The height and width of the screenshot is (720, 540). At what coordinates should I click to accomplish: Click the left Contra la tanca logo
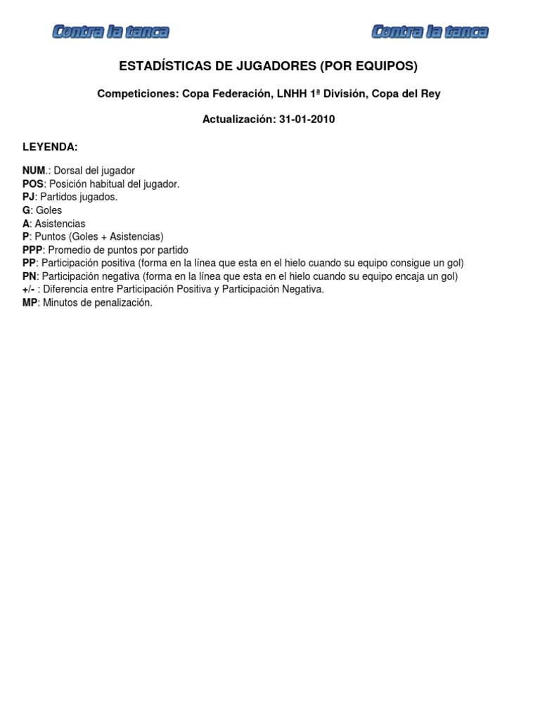click(x=110, y=32)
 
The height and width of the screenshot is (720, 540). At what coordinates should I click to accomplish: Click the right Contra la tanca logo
click(x=430, y=32)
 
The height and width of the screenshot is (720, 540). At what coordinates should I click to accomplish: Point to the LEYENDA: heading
click(x=50, y=146)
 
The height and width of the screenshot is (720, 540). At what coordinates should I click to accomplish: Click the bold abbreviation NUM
click(x=34, y=171)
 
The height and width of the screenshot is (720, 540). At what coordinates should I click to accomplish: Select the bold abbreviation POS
click(x=33, y=184)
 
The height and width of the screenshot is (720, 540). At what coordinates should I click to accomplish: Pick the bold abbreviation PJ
click(x=29, y=197)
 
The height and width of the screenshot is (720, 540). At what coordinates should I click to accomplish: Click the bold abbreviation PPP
click(x=33, y=250)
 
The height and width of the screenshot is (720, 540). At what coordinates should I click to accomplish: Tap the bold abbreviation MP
click(x=30, y=303)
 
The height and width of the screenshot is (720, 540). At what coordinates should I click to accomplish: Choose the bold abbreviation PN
click(x=29, y=276)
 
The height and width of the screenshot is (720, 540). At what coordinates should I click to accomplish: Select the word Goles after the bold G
click(x=49, y=210)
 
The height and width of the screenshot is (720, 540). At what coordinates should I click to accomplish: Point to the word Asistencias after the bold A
click(x=60, y=224)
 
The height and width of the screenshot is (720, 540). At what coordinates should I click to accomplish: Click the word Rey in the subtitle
click(x=430, y=94)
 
